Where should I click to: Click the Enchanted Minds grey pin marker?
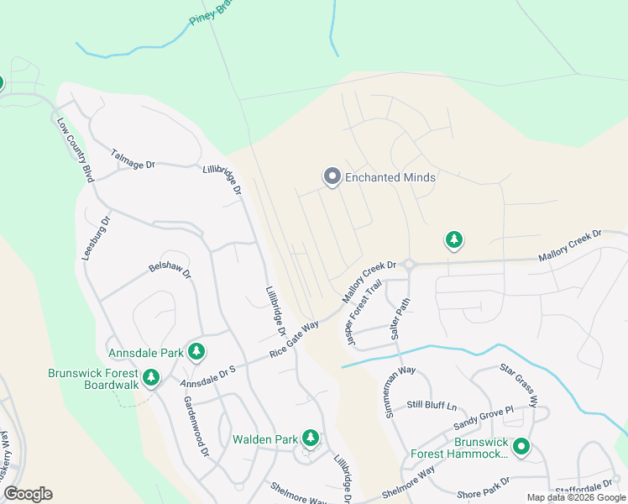(332, 176)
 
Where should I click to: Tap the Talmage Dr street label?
(133, 159)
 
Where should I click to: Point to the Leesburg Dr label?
(97, 239)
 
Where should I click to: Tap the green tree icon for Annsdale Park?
(196, 352)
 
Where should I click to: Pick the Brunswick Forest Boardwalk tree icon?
(152, 378)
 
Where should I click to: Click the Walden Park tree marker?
(311, 438)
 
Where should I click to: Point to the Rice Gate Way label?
(294, 339)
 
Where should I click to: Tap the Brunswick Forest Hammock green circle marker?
(521, 447)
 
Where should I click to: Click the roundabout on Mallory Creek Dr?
(409, 265)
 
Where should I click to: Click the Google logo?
(27, 494)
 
